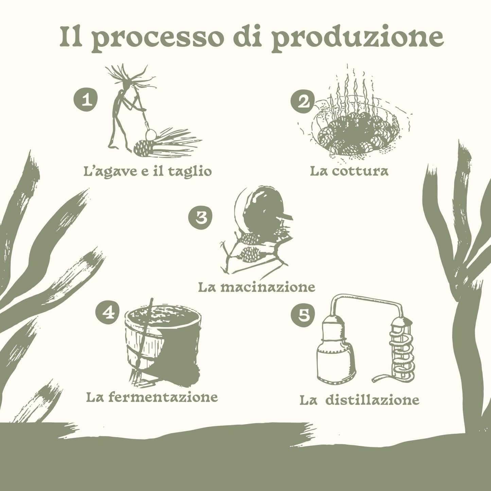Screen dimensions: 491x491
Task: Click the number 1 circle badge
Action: [86, 100]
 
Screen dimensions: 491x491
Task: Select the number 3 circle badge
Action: [200, 217]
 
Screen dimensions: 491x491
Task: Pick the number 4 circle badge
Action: [107, 312]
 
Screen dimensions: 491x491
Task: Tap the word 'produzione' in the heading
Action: [357, 38]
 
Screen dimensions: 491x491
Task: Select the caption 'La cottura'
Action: [349, 171]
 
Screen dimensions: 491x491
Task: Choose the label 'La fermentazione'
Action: [152, 397]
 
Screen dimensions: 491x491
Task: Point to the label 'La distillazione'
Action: [359, 400]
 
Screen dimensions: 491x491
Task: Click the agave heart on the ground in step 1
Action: [145, 148]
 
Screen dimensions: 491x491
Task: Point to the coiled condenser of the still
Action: [403, 352]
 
